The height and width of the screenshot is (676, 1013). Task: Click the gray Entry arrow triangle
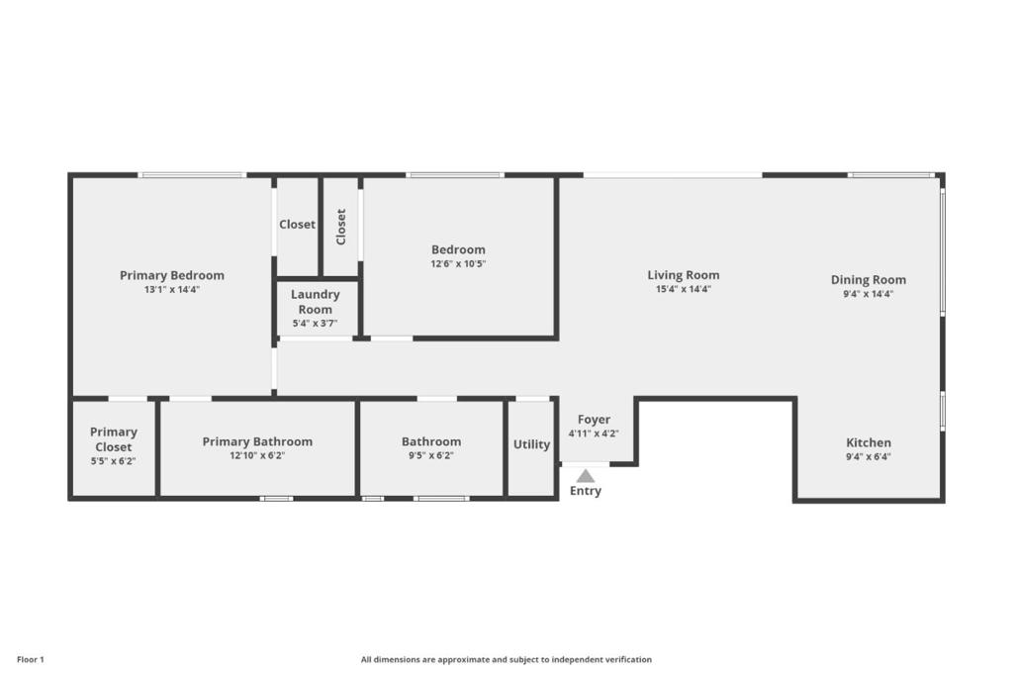586,476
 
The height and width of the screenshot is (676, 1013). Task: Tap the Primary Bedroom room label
172,275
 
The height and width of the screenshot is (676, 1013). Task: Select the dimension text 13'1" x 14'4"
172,290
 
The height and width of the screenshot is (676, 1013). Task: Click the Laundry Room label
316,302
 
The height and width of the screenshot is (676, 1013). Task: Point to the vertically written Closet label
341,227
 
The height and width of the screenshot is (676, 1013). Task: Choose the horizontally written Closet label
297,225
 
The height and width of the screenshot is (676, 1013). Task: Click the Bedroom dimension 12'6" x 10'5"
458,263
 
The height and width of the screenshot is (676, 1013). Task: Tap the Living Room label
684,275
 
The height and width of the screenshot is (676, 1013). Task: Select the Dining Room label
869,280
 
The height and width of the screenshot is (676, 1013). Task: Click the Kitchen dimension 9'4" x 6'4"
869,456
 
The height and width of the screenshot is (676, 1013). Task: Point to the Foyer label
594,420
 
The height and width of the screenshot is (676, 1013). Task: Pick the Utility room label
531,444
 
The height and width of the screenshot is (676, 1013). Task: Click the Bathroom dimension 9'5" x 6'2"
431,455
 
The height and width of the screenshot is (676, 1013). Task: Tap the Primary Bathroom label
257,441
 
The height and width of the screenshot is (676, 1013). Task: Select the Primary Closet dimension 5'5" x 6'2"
113,461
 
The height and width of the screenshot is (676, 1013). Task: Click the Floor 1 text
31,660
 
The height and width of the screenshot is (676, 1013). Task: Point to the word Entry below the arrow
586,491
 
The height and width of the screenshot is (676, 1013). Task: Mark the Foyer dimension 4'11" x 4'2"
594,434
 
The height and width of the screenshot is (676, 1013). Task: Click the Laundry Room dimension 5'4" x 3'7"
316,324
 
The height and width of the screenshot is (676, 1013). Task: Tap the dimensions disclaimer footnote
506,660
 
